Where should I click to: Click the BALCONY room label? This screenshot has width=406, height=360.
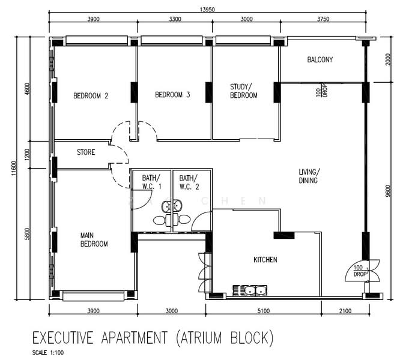pyautogui.click(x=320, y=60)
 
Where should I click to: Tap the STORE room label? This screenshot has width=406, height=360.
pyautogui.click(x=86, y=152)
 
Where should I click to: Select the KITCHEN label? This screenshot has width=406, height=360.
pyautogui.click(x=265, y=260)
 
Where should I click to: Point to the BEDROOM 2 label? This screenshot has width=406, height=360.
pyautogui.click(x=91, y=96)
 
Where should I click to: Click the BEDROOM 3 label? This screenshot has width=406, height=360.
pyautogui.click(x=172, y=95)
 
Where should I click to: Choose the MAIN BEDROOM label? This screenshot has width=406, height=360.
pyautogui.click(x=94, y=240)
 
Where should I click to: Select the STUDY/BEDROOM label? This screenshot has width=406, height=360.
pyautogui.click(x=244, y=91)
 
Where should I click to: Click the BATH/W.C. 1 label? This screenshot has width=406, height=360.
pyautogui.click(x=151, y=182)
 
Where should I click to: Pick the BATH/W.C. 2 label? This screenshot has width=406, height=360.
pyautogui.click(x=189, y=182)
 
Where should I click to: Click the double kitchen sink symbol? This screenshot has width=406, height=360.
pyautogui.click(x=250, y=290)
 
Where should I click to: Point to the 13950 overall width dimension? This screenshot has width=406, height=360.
pyautogui.click(x=207, y=10)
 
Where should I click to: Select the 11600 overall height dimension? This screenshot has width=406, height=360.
pyautogui.click(x=14, y=169)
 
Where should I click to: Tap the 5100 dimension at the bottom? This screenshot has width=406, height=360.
pyautogui.click(x=263, y=311)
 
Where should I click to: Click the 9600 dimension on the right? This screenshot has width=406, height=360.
pyautogui.click(x=387, y=191)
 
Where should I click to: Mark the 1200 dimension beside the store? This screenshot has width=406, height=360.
pyautogui.click(x=27, y=154)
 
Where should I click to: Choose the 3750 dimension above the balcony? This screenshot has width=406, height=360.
pyautogui.click(x=323, y=19)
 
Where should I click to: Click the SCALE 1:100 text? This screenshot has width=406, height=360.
pyautogui.click(x=48, y=353)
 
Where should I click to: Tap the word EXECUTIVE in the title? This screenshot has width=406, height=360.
pyautogui.click(x=62, y=337)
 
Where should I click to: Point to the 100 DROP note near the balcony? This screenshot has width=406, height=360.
pyautogui.click(x=321, y=90)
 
